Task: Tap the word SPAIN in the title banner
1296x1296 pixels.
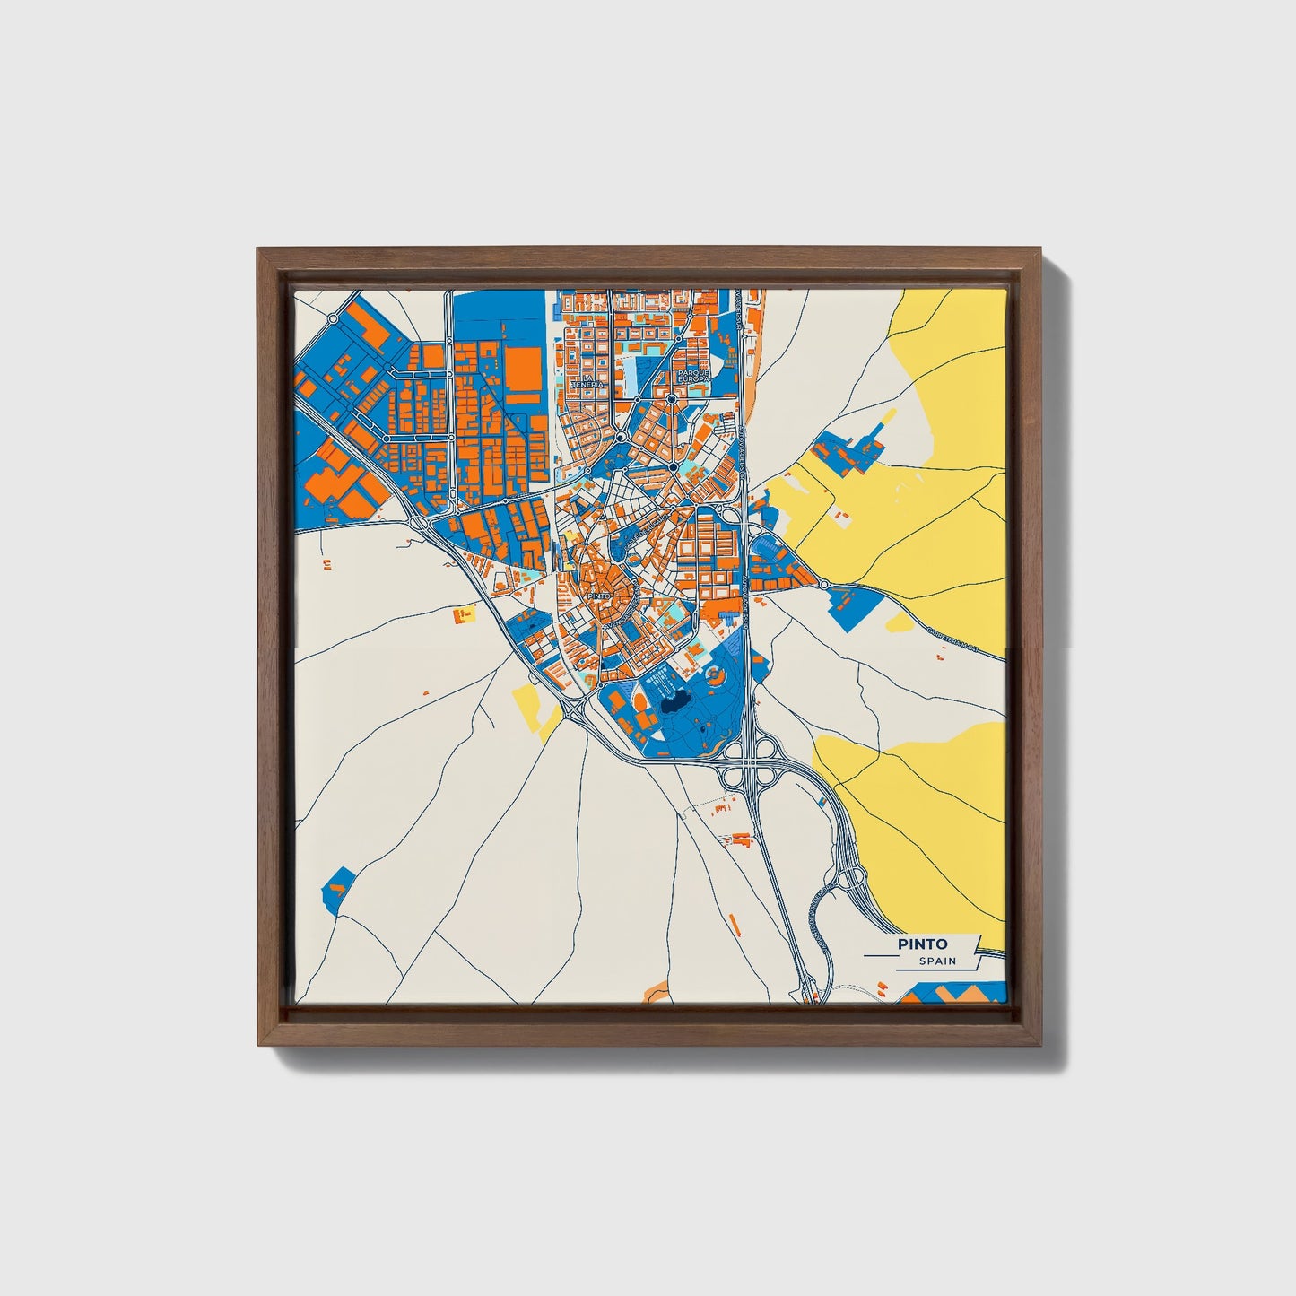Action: click(937, 961)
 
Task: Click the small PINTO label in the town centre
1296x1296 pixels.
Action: click(598, 595)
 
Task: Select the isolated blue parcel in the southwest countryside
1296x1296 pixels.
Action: click(338, 888)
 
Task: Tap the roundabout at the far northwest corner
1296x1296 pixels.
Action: click(333, 317)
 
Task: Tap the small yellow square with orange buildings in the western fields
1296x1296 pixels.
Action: click(464, 615)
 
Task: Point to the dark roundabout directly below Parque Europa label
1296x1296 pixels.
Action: click(671, 399)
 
